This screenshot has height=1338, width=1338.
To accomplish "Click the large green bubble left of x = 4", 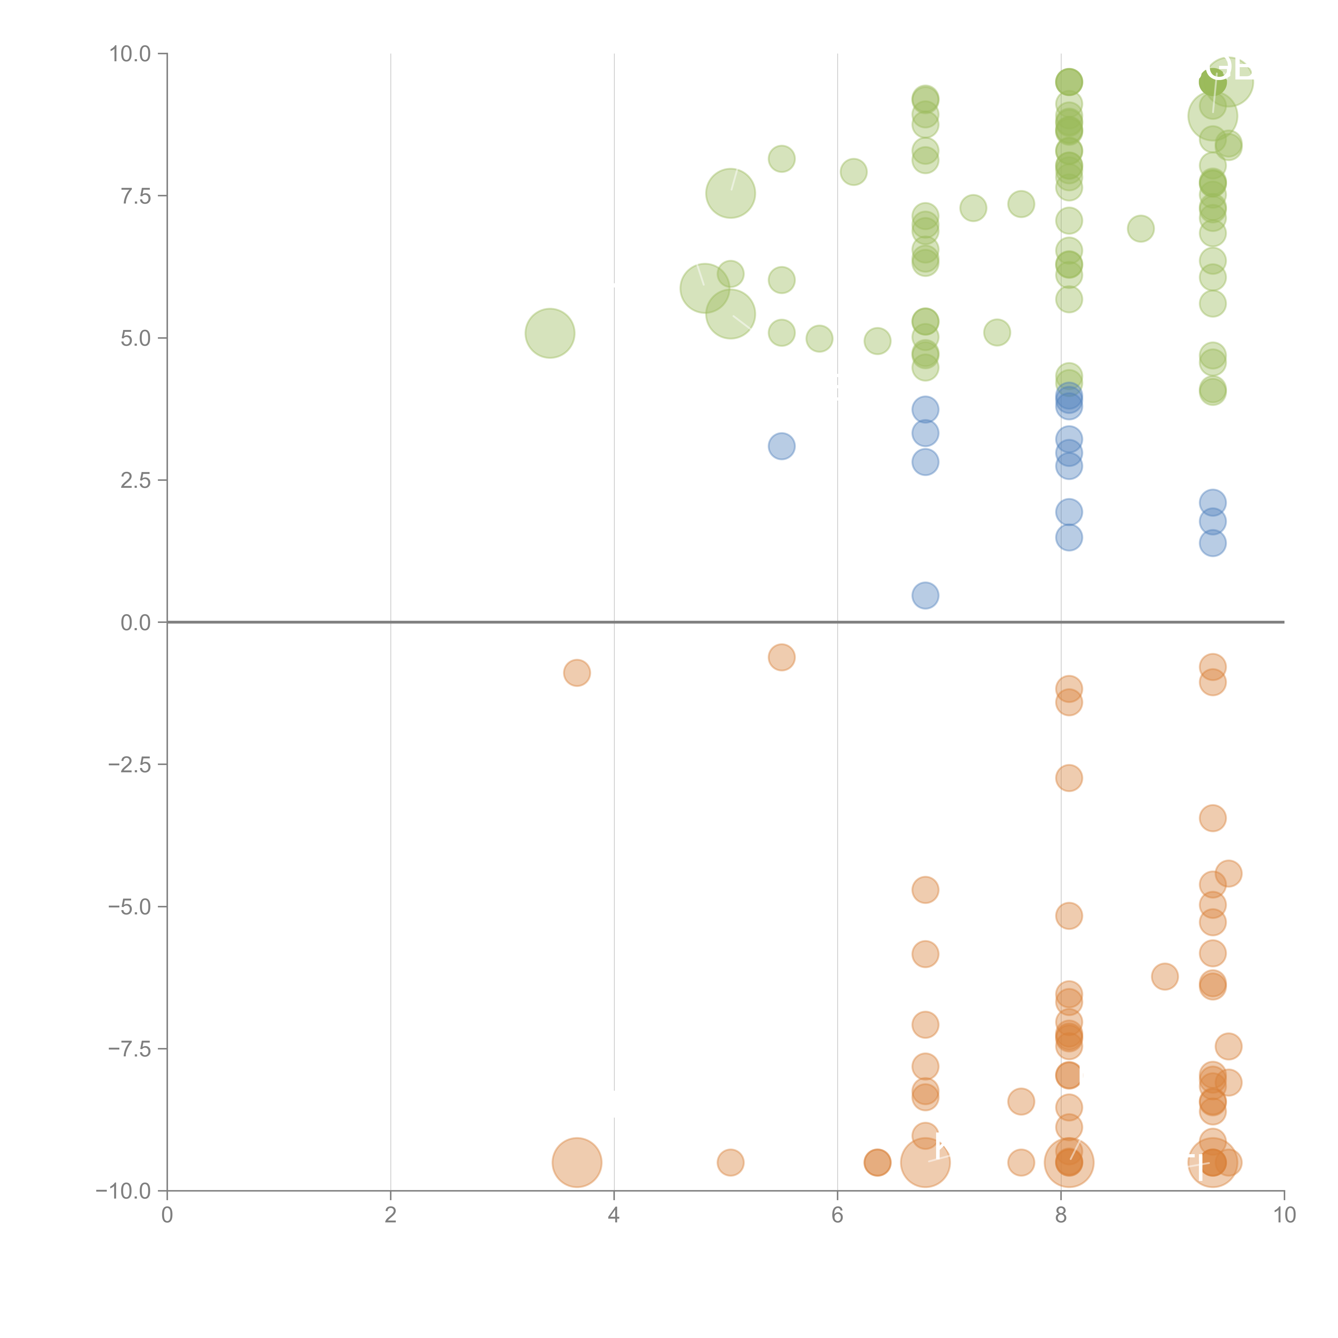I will [550, 333].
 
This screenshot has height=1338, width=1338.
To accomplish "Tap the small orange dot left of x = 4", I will [577, 672].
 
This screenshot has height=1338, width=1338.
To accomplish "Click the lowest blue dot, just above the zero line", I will [925, 596].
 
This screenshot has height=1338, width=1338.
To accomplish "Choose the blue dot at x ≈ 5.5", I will [781, 446].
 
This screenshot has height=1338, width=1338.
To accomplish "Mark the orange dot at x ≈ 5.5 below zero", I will [781, 657].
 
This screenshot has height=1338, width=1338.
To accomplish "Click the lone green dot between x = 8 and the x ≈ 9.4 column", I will [1141, 229].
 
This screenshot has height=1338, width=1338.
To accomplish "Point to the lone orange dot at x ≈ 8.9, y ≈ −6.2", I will [1165, 976].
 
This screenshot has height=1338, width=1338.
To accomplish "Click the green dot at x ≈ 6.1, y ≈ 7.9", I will [853, 172].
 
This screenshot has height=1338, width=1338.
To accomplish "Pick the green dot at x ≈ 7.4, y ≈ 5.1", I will [997, 332].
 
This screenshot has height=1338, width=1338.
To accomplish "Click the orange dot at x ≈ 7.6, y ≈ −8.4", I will [1021, 1101].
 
